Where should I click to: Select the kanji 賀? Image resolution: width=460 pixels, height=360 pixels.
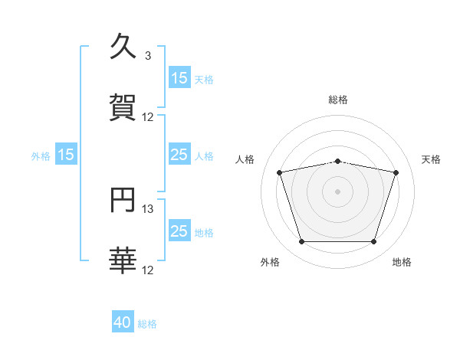point(123,108)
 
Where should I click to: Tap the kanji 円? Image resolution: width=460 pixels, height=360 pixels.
point(123,201)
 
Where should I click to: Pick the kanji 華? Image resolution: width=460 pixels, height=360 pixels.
point(123,261)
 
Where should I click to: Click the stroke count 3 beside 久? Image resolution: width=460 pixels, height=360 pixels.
point(148,56)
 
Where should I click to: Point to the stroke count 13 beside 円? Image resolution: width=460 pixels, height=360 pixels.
point(148,209)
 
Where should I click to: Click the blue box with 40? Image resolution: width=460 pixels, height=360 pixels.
point(123,322)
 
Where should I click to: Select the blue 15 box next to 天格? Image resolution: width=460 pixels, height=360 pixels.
point(179,77)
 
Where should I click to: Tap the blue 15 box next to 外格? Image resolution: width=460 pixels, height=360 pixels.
point(66,155)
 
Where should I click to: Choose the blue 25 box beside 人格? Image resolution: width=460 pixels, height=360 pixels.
point(179,155)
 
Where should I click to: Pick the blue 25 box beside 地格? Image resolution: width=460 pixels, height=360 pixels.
point(179,231)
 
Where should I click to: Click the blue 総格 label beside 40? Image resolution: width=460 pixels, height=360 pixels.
point(147,324)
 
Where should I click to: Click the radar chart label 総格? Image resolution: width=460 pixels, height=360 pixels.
point(338,100)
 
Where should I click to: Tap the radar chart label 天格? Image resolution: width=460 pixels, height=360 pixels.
point(432,159)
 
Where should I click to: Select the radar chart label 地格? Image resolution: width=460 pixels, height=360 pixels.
point(402,263)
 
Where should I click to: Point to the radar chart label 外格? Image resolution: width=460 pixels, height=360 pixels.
point(270,263)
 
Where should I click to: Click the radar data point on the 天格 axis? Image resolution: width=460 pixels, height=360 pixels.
point(396,172)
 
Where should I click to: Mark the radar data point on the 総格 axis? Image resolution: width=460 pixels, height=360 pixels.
point(337,161)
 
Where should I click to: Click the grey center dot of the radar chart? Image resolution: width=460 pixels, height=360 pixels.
point(337,191)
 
